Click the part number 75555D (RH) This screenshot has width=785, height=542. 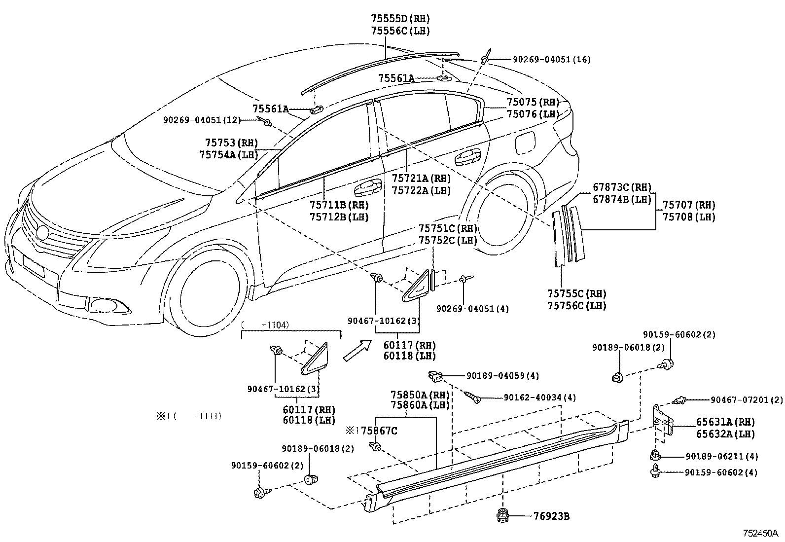point(400,19)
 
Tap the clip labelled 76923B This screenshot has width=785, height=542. point(502,515)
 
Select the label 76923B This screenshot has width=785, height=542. point(551,516)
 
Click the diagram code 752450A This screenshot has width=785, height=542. point(760,533)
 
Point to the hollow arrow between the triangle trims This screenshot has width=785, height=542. point(357,350)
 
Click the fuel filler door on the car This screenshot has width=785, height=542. point(525,143)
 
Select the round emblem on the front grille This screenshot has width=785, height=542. point(43,232)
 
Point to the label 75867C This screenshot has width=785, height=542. point(379,431)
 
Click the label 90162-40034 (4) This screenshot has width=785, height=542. point(539,397)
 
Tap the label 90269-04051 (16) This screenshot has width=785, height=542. point(552,60)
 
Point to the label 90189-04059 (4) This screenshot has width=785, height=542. point(502,375)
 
